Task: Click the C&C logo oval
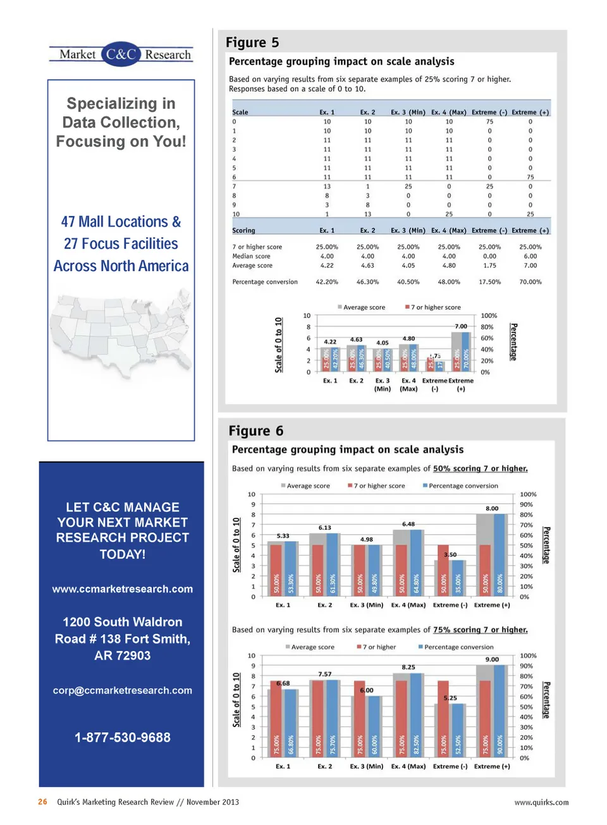(x=120, y=54)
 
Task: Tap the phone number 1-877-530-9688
(x=123, y=737)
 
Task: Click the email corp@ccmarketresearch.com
(x=123, y=690)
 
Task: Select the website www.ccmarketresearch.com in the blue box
(x=123, y=589)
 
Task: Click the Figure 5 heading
(x=252, y=42)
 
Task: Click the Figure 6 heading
(x=255, y=431)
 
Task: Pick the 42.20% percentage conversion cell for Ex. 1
(x=327, y=282)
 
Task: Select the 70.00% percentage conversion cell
(x=530, y=282)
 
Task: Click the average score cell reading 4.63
(x=367, y=266)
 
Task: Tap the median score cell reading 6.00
(x=530, y=256)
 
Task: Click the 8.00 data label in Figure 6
(x=492, y=508)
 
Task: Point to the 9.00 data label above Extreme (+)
(x=492, y=659)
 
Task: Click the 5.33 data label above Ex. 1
(x=283, y=535)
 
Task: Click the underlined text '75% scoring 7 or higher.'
(x=480, y=630)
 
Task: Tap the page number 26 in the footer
(x=42, y=802)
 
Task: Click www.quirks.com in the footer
(x=541, y=802)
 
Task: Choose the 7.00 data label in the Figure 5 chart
(x=461, y=326)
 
